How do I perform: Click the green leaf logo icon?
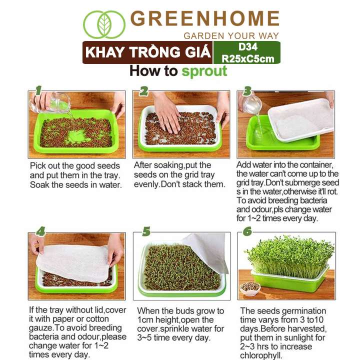[x=104, y=24]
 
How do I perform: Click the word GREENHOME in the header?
[x=205, y=18]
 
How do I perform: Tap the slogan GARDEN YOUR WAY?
[x=231, y=36]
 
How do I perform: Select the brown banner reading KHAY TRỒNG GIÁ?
[x=147, y=52]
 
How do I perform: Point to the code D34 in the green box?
[x=247, y=47]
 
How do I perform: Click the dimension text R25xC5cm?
[x=247, y=59]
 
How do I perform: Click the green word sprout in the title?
[x=204, y=71]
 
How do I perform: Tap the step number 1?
[x=38, y=90]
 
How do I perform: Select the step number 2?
[x=143, y=91]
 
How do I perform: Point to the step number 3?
[x=247, y=91]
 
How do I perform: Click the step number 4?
[x=40, y=231]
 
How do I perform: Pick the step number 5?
[x=146, y=231]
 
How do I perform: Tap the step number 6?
[x=247, y=231]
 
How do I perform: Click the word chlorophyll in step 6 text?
[x=261, y=355]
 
